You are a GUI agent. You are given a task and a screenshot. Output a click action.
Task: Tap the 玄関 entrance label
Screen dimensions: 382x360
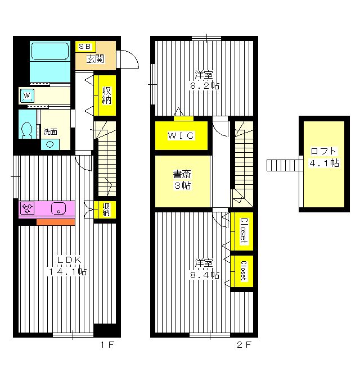point(94,58)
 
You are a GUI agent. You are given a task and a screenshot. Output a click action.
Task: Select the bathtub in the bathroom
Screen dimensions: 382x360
point(49,54)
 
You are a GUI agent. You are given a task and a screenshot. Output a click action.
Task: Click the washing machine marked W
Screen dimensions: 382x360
point(27,96)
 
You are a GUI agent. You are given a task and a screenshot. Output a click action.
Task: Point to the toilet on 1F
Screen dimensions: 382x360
point(26,130)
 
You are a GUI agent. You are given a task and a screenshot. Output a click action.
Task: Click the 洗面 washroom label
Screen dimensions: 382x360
point(51,132)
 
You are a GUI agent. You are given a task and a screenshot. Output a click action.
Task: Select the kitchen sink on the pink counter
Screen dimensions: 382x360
point(58,209)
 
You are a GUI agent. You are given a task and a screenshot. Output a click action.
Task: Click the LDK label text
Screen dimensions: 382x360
point(70,260)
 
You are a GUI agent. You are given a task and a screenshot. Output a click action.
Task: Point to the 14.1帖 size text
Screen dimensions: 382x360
point(67,271)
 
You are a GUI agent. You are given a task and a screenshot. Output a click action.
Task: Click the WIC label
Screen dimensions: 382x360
point(181,135)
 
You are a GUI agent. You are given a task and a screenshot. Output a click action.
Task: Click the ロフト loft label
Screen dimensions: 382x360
point(323,151)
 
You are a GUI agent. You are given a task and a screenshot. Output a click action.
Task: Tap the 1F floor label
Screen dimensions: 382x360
point(107,345)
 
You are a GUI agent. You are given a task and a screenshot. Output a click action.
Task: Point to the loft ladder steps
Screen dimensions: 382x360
point(283,165)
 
